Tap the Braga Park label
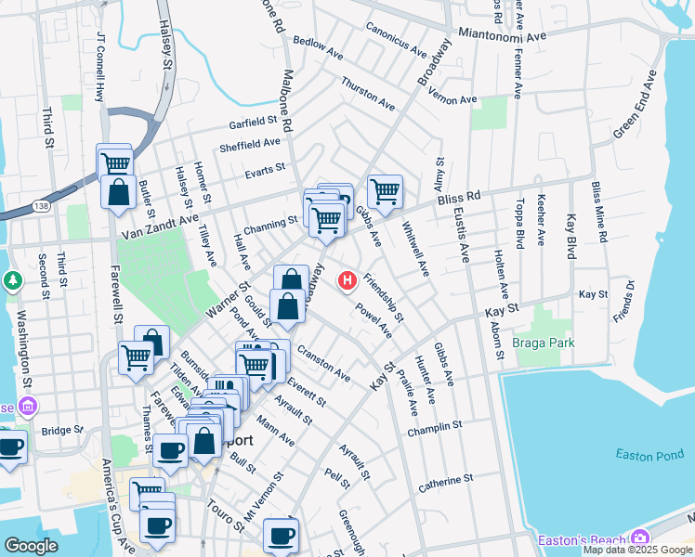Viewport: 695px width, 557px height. pyautogui.click(x=544, y=343)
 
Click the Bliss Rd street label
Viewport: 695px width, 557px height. pyautogui.click(x=460, y=198)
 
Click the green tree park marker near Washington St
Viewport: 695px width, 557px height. pyautogui.click(x=13, y=279)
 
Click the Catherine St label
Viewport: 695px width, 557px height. pyautogui.click(x=446, y=482)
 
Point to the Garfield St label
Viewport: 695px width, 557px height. pyautogui.click(x=255, y=122)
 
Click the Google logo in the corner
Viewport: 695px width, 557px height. pyautogui.click(x=32, y=546)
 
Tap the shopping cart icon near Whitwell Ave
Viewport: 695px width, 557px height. pyautogui.click(x=384, y=192)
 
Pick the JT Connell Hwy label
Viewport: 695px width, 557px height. pyautogui.click(x=100, y=68)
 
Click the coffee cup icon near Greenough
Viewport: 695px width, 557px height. pyautogui.click(x=280, y=535)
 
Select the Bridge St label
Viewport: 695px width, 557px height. pyautogui.click(x=63, y=431)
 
